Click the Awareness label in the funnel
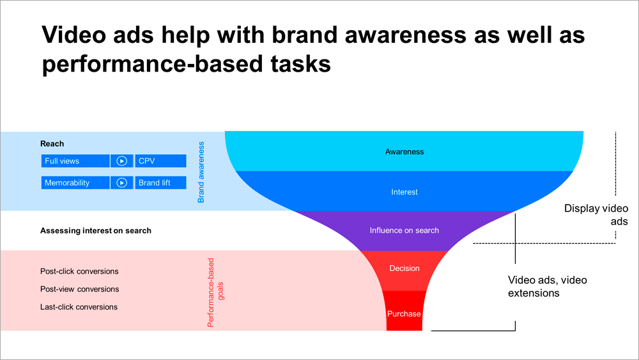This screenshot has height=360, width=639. click(404, 152)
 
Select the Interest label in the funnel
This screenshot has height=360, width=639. click(404, 192)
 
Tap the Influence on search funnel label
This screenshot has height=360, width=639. click(404, 230)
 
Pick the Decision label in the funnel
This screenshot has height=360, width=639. click(404, 269)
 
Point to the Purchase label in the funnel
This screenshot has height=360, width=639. click(404, 314)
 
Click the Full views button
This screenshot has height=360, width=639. click(75, 161)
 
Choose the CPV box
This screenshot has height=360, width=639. click(160, 161)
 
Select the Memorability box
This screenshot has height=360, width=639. click(75, 183)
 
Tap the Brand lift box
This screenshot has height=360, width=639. click(160, 183)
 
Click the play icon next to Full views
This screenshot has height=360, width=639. click(121, 161)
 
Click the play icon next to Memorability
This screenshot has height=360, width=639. click(121, 183)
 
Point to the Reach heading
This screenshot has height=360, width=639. click(52, 144)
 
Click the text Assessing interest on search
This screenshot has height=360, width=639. click(96, 230)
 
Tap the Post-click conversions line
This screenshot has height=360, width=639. click(79, 271)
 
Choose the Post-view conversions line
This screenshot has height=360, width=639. click(79, 289)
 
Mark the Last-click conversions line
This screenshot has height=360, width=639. click(79, 307)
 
